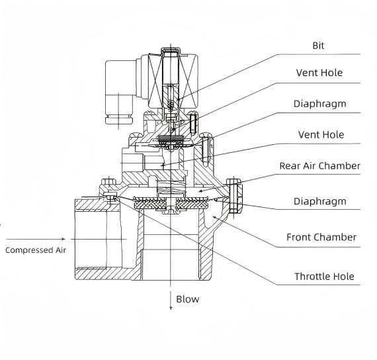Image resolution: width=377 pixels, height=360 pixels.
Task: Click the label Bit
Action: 318,46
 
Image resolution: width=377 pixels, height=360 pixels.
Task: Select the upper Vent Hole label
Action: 319,73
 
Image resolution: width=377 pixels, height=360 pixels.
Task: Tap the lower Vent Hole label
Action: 321,135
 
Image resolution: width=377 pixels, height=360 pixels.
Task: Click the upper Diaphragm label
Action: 319,104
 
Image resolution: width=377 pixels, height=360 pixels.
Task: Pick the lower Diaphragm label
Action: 319,201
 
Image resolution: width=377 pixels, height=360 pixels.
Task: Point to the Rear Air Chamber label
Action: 319,166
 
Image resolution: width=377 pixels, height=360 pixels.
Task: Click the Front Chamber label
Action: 321,238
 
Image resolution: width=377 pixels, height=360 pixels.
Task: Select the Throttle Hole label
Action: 324,277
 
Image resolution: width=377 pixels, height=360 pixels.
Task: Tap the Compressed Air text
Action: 36,250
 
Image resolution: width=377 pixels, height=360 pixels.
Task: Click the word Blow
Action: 188,299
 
